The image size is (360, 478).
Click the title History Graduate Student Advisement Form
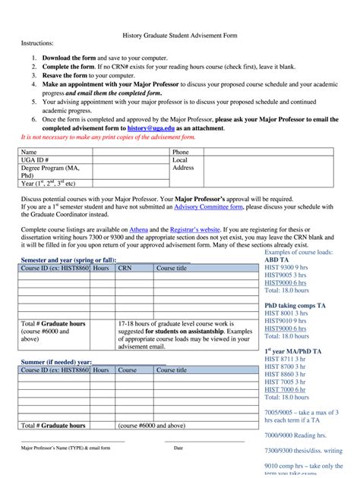(x=179, y=36)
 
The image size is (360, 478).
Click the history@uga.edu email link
(x=172, y=128)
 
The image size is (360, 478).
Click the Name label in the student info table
(x=30, y=152)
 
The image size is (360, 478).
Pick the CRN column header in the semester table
(x=125, y=268)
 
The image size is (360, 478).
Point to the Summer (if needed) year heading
(x=55, y=361)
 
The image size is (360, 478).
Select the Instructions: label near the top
(x=37, y=45)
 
